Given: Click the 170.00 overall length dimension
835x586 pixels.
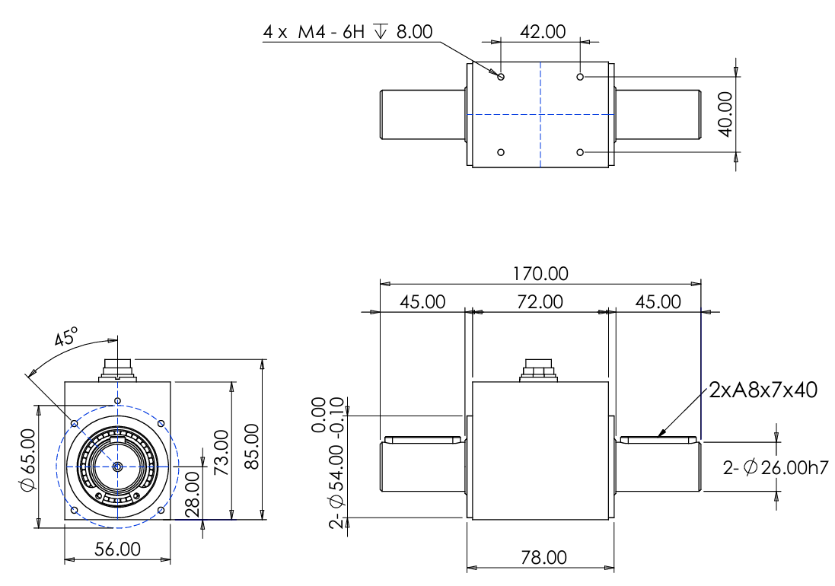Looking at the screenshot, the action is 540,273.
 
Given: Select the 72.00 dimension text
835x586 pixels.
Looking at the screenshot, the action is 540,302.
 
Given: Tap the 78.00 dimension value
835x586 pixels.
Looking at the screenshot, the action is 543,557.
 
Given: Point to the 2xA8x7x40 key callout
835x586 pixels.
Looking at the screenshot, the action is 763,390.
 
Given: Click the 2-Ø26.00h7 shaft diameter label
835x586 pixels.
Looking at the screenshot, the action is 776,467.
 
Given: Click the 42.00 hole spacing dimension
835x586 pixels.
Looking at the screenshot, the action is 543,31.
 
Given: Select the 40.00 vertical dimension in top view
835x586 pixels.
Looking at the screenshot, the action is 725,114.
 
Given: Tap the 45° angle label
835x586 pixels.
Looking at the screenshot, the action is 66,336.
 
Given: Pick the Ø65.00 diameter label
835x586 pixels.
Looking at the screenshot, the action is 28,460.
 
